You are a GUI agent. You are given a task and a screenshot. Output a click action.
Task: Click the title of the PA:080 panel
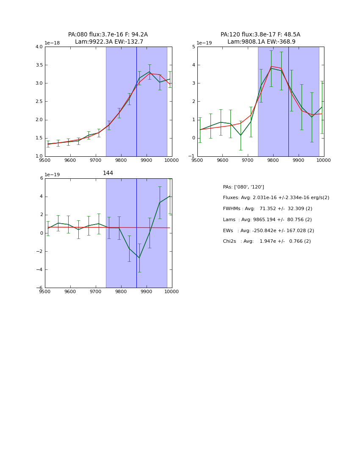[108, 38]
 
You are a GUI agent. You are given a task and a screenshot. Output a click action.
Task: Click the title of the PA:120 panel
[260, 38]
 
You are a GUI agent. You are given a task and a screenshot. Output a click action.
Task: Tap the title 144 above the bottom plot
[108, 173]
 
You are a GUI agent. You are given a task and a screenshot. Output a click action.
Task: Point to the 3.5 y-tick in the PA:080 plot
[39, 65]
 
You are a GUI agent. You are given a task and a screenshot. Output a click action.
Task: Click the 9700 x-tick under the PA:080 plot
[95, 160]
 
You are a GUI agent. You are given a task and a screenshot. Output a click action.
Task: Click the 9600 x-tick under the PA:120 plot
[222, 160]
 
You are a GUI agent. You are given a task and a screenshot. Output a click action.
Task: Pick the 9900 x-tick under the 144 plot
[146, 291]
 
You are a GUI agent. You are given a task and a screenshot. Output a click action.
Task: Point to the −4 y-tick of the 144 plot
[39, 270]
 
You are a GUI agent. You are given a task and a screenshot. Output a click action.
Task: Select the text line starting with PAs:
[243, 187]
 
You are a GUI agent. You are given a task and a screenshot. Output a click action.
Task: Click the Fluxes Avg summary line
[276, 198]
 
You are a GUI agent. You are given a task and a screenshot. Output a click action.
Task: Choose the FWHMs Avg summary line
[267, 209]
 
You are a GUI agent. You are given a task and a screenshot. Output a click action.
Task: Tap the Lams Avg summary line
[267, 220]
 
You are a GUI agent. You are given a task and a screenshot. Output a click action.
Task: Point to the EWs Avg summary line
[269, 231]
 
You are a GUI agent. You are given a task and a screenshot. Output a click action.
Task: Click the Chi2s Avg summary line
[267, 241]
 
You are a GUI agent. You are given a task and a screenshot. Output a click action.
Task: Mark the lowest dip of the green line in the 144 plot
[139, 258]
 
